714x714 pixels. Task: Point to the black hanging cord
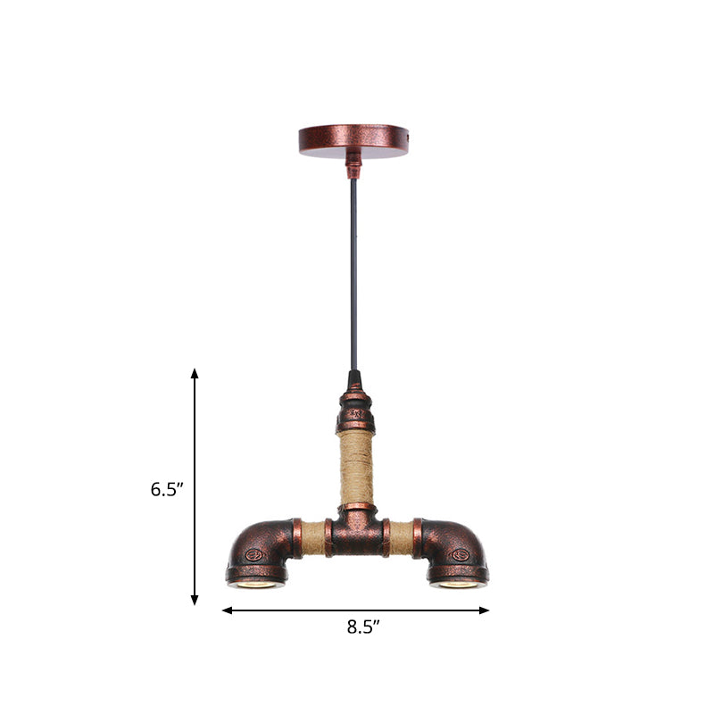click(354, 268)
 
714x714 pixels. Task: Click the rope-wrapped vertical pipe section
click(355, 468)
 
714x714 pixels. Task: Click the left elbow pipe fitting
click(261, 549)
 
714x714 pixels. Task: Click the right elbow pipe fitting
click(452, 549)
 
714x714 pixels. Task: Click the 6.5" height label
click(166, 488)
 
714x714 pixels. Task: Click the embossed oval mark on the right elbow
click(461, 554)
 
